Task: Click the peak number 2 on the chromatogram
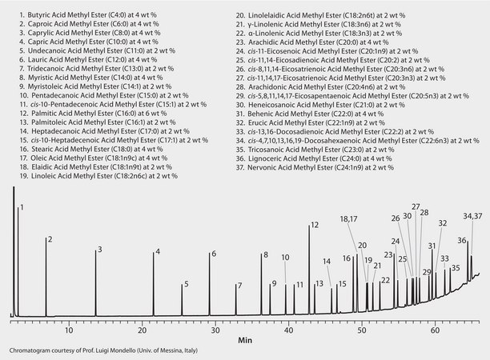[x=50, y=239]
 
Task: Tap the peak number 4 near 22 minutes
[x=158, y=253]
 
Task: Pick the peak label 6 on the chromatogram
[x=213, y=254]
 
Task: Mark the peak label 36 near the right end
[x=462, y=240]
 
